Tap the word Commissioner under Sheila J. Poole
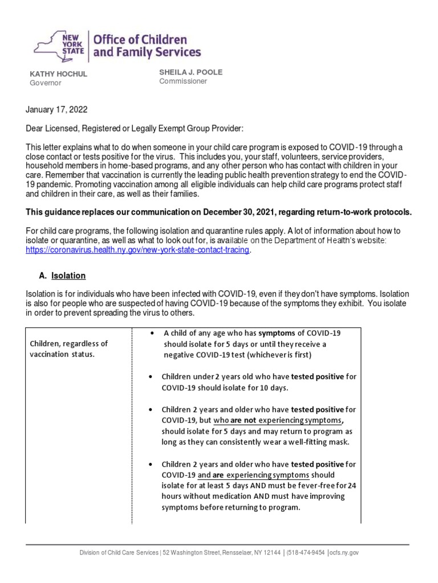tap(183, 81)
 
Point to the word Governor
tap(45, 83)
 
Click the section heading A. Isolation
tap(62, 276)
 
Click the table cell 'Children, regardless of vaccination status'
tap(69, 348)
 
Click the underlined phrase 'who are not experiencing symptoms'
tap(278, 420)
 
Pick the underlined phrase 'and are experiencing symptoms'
tap(253, 475)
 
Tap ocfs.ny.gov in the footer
tap(344, 553)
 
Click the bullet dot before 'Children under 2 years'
tap(149, 377)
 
